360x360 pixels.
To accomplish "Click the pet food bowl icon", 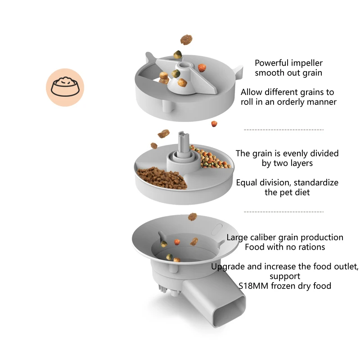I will coord(65,87).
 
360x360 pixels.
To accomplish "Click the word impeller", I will coord(306,63).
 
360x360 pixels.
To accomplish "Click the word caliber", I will coord(269,237).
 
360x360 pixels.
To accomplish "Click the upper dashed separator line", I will coord(283,130).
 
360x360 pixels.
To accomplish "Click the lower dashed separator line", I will coord(283,211).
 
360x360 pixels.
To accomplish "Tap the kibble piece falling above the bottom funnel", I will coord(193,216).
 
